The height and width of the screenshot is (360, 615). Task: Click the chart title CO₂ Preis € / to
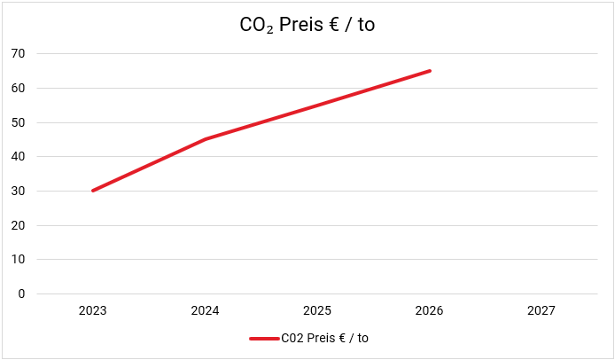[x=307, y=25]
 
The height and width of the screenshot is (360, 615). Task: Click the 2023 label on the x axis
[x=93, y=311]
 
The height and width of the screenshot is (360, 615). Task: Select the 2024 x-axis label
[x=205, y=311]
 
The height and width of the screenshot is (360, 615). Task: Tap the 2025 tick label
[x=317, y=311]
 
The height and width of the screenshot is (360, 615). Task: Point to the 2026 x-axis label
[x=429, y=311]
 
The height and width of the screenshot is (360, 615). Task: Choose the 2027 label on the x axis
[x=541, y=311]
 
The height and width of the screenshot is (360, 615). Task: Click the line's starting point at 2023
[x=93, y=191]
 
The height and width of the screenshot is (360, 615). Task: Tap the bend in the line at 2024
[x=205, y=139]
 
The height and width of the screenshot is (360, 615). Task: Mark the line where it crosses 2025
[x=317, y=105]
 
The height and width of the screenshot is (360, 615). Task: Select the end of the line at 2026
[x=430, y=71]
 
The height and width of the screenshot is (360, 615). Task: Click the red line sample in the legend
[x=264, y=338]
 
